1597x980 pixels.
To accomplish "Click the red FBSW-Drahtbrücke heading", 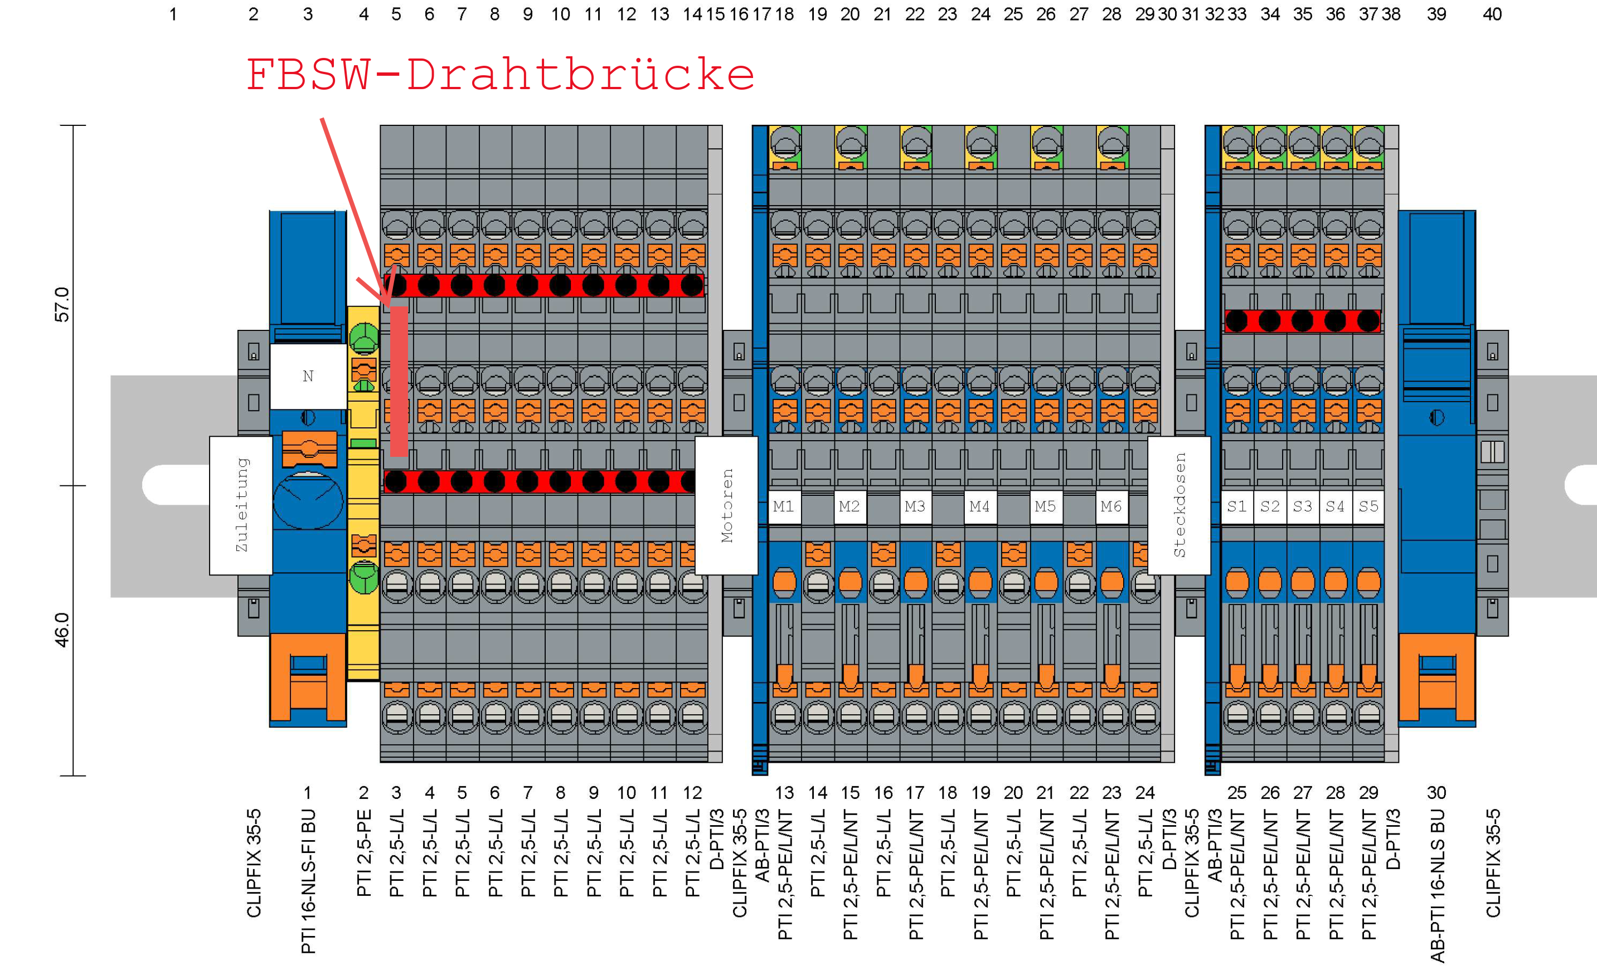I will [500, 75].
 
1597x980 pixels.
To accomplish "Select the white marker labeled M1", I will [784, 506].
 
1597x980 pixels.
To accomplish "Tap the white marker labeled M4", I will [980, 506].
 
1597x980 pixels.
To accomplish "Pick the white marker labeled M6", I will [1111, 506].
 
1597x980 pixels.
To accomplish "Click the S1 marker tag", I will [1236, 506].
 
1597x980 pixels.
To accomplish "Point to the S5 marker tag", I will [1368, 506].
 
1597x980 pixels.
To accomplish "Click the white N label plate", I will [308, 376].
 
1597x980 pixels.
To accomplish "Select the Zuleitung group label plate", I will [241, 505].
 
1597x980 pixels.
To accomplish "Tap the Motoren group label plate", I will [727, 505].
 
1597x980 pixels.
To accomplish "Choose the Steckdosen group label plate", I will [1179, 505].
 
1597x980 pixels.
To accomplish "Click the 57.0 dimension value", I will [62, 305].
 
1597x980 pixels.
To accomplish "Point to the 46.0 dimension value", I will [62, 630].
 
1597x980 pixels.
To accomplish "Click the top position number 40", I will [1492, 14].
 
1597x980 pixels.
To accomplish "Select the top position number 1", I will [173, 14].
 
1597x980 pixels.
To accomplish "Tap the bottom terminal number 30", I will [1436, 793].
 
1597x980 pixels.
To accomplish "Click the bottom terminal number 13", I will [784, 793].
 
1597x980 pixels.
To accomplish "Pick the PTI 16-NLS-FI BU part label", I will [309, 881].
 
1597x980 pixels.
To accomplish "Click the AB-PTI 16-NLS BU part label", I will [1438, 885].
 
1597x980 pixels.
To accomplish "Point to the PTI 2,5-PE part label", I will [365, 853].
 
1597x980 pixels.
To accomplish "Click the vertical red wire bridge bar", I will [399, 382].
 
